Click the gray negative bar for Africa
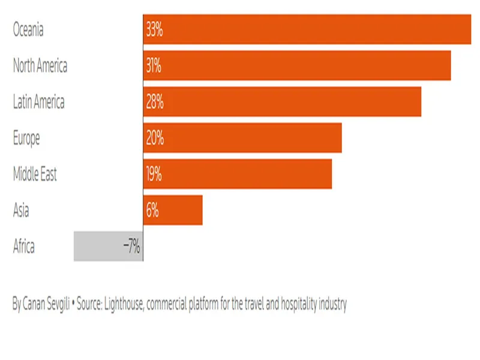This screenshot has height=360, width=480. [99, 246]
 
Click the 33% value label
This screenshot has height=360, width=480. [154, 29]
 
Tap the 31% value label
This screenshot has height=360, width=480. [154, 65]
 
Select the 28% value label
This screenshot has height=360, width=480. [154, 101]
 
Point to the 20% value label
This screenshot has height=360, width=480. [154, 138]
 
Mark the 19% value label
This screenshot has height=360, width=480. [154, 174]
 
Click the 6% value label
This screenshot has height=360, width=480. [151, 210]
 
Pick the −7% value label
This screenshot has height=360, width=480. [131, 246]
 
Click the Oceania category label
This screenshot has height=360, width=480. [28, 29]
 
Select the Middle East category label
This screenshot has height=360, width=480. [35, 174]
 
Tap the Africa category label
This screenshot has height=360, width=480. [24, 246]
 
